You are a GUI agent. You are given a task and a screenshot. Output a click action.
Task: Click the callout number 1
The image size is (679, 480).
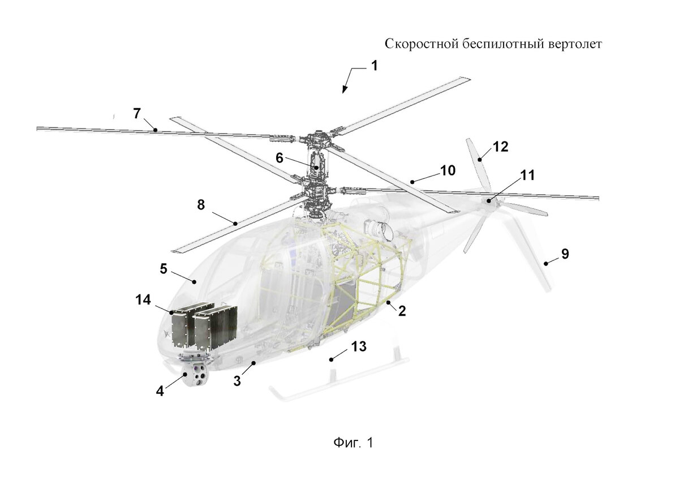374,66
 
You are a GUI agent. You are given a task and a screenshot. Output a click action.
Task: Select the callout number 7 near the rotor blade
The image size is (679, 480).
137,113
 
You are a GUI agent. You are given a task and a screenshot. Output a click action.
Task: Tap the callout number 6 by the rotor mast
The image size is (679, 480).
280,158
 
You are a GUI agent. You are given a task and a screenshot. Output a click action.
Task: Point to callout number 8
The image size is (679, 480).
201,205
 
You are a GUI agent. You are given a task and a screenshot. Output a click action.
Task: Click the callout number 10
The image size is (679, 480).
448,170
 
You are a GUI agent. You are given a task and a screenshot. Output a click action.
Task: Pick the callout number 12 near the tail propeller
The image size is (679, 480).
500,147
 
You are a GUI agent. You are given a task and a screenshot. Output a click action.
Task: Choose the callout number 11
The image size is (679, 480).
527,175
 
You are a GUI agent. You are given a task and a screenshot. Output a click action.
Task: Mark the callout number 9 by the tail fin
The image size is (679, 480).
565,254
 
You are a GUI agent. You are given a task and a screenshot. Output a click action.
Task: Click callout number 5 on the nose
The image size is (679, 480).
164,268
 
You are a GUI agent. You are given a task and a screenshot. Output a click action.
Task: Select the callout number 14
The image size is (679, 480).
143,300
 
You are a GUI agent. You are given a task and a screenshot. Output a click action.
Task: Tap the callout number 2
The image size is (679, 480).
402,311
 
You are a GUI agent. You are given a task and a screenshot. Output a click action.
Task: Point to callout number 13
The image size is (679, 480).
359,346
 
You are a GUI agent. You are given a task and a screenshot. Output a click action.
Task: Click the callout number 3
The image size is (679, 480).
237,381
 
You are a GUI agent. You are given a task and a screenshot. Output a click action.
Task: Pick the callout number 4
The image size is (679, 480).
161,391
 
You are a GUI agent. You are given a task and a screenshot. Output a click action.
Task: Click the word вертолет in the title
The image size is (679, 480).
572,44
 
